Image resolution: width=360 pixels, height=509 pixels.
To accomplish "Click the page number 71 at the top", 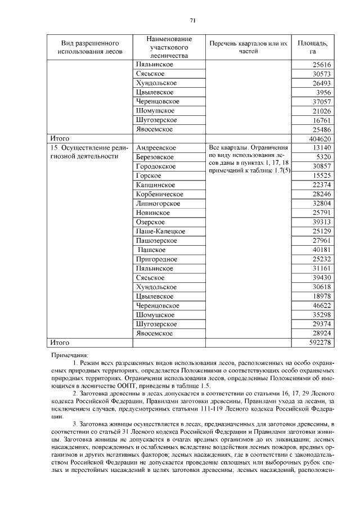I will click(x=192, y=21).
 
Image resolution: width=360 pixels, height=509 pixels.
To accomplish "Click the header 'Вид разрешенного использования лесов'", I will click(x=89, y=47).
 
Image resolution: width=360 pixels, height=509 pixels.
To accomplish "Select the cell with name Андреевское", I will click(x=156, y=147).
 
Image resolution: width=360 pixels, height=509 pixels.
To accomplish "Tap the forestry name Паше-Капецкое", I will click(x=160, y=231).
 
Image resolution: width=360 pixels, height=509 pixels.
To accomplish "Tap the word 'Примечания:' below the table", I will click(x=70, y=355).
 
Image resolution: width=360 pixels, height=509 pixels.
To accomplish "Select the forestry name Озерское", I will click(x=152, y=222).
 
